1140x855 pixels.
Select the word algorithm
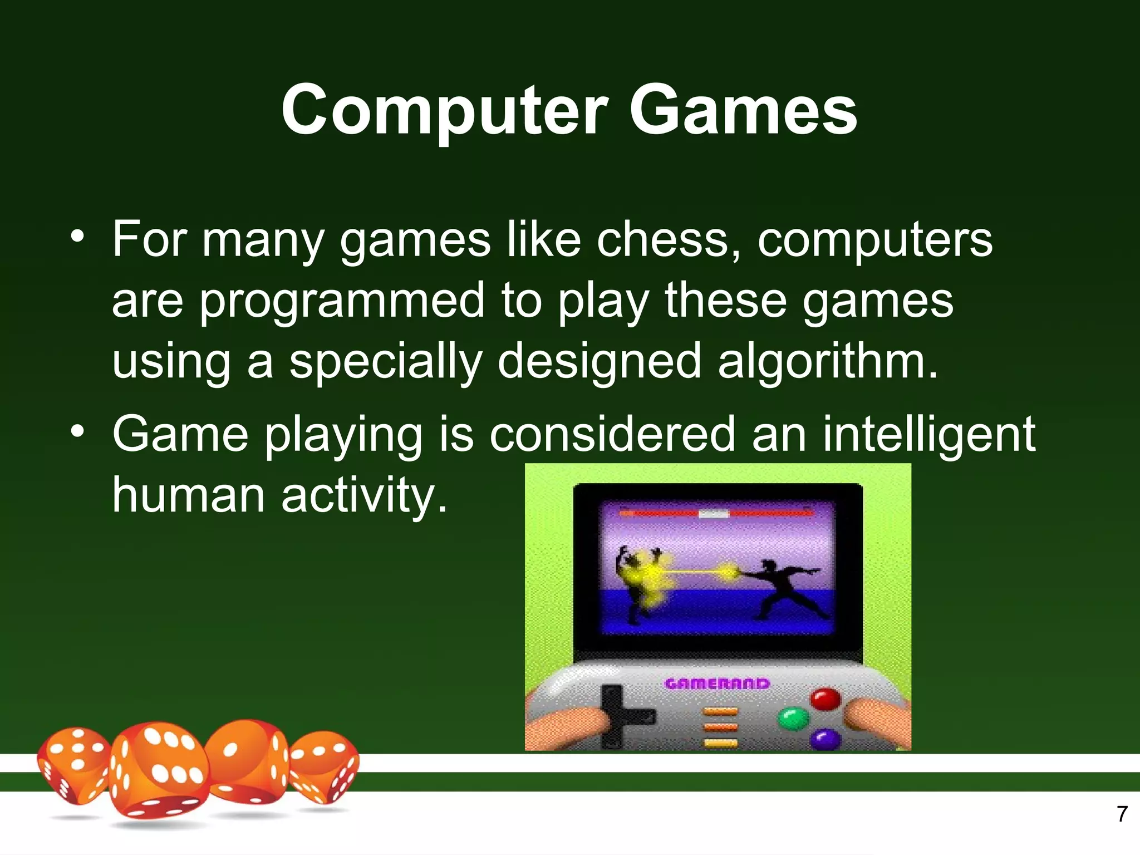(827, 362)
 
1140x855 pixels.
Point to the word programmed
(342, 301)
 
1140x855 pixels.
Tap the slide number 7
(1122, 814)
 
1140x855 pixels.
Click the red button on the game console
(824, 699)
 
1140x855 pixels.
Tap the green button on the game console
(792, 718)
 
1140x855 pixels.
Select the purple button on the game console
(825, 739)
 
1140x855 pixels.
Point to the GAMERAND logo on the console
(717, 684)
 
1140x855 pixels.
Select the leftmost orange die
(72, 765)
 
